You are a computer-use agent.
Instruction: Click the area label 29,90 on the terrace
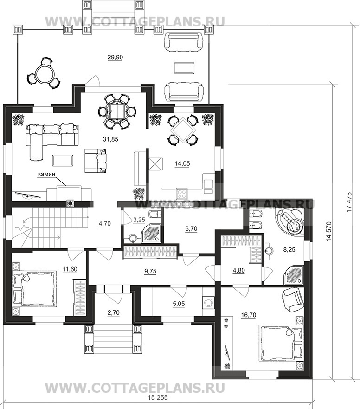coord(115,58)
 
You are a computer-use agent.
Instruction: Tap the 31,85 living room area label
coord(110,140)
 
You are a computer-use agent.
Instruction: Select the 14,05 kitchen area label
coord(182,163)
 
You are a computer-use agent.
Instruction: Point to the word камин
coord(47,174)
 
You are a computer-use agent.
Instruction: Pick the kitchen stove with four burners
coord(182,194)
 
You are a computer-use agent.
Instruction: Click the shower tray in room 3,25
coord(152,232)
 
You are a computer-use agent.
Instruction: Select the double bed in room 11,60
coord(35,288)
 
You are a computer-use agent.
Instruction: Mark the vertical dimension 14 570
coord(330,231)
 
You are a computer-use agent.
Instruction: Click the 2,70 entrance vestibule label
coord(113,312)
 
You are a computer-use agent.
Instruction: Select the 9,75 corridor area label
coord(150,271)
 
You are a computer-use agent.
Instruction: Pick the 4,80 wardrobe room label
coord(239,271)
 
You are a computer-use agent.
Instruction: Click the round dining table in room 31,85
coord(117,111)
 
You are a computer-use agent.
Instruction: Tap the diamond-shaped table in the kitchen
coord(182,130)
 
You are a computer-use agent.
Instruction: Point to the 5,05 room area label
coord(179,304)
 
